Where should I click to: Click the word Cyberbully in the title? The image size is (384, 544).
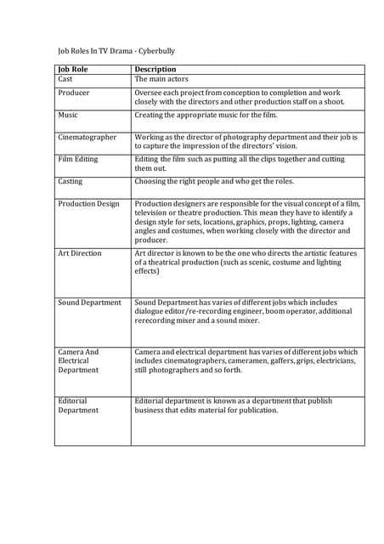(x=155, y=51)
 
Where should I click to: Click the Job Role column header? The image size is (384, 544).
(x=73, y=70)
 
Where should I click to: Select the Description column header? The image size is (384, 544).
(x=155, y=70)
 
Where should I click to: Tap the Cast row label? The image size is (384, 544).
(x=65, y=79)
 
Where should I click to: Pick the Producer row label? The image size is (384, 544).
(x=74, y=93)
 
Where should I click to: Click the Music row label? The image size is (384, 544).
(x=68, y=115)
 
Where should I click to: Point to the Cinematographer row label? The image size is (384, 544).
(x=88, y=137)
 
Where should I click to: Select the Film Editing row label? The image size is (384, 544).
(x=78, y=159)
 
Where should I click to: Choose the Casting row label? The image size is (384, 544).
(x=71, y=181)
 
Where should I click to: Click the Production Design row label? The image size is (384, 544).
(x=89, y=204)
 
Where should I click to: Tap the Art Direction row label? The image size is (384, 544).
(x=80, y=253)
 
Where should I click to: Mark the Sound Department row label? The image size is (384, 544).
(x=89, y=303)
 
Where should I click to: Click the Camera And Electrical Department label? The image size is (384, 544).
(x=78, y=360)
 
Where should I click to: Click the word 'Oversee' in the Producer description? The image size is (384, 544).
(x=150, y=93)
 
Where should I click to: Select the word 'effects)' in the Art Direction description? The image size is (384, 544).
(x=148, y=272)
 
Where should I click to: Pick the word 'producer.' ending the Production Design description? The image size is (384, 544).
(x=151, y=240)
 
